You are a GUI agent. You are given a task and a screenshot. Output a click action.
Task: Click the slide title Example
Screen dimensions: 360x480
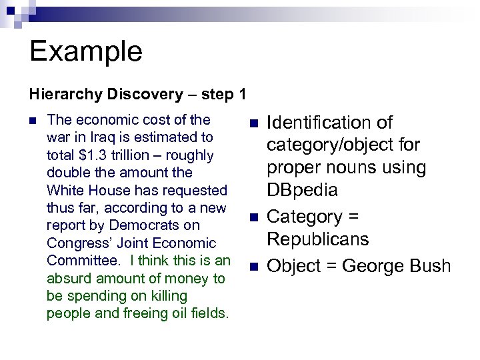86,51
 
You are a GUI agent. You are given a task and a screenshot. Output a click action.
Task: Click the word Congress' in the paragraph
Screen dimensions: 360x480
79,243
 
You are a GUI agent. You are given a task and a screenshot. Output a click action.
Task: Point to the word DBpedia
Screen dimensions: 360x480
303,190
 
